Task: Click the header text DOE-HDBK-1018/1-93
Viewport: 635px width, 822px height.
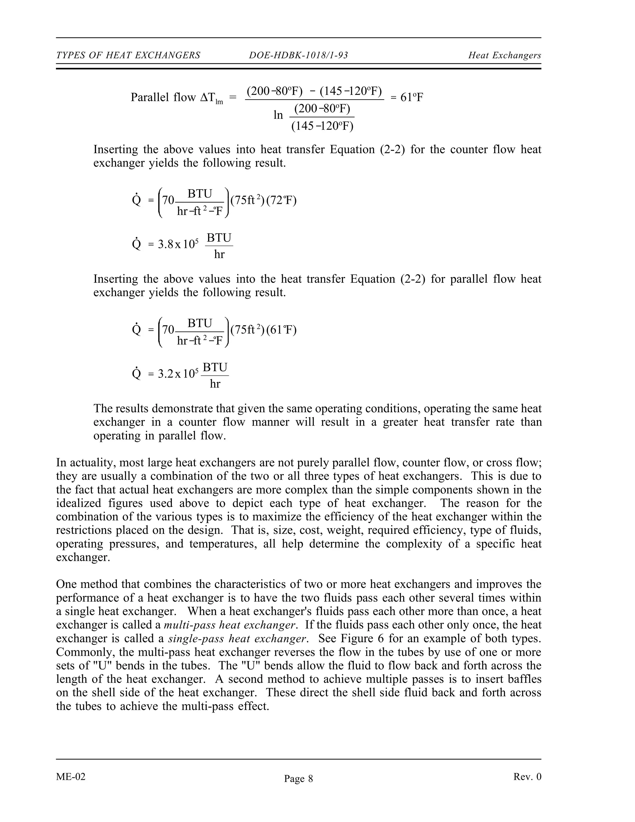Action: click(x=298, y=56)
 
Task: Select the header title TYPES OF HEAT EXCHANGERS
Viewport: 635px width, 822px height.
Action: click(x=128, y=56)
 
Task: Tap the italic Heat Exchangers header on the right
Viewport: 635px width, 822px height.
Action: click(x=504, y=56)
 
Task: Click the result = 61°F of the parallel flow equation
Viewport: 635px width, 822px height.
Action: click(x=407, y=98)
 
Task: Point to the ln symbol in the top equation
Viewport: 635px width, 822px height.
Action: click(x=278, y=115)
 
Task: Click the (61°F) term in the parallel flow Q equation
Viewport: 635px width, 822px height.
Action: click(x=282, y=330)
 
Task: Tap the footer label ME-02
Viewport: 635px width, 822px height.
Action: click(x=71, y=777)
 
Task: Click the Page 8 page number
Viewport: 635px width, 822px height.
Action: click(x=298, y=778)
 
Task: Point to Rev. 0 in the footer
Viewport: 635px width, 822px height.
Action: click(x=527, y=777)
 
